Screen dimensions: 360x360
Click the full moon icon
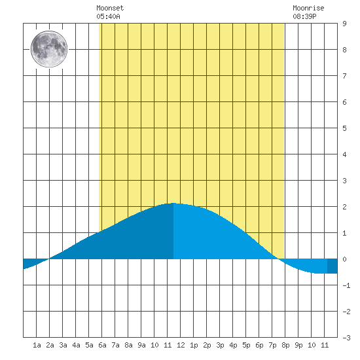pos(49,49)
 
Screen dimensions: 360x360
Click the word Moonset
pos(110,8)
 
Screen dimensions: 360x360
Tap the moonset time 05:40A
pos(108,16)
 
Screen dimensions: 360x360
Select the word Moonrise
pos(308,8)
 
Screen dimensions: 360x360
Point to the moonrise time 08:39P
pos(304,16)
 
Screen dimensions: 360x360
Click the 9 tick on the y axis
pos(344,24)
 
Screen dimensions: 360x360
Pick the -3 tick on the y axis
pos(346,338)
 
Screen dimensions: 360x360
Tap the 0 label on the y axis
pos(344,259)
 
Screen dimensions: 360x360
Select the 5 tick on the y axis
pos(344,128)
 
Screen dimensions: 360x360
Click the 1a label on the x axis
pos(37,345)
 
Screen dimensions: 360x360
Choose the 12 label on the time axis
pos(181,345)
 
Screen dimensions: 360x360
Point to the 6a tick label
pos(102,345)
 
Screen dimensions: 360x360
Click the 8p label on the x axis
pos(285,345)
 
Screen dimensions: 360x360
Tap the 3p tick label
pos(220,345)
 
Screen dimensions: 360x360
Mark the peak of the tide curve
pos(173,203)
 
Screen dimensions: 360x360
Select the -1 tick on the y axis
pos(346,285)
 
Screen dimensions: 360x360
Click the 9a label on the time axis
pos(141,345)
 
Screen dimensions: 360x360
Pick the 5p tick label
pos(246,345)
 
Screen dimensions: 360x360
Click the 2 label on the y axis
pos(344,207)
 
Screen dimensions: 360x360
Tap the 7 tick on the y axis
pos(344,76)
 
